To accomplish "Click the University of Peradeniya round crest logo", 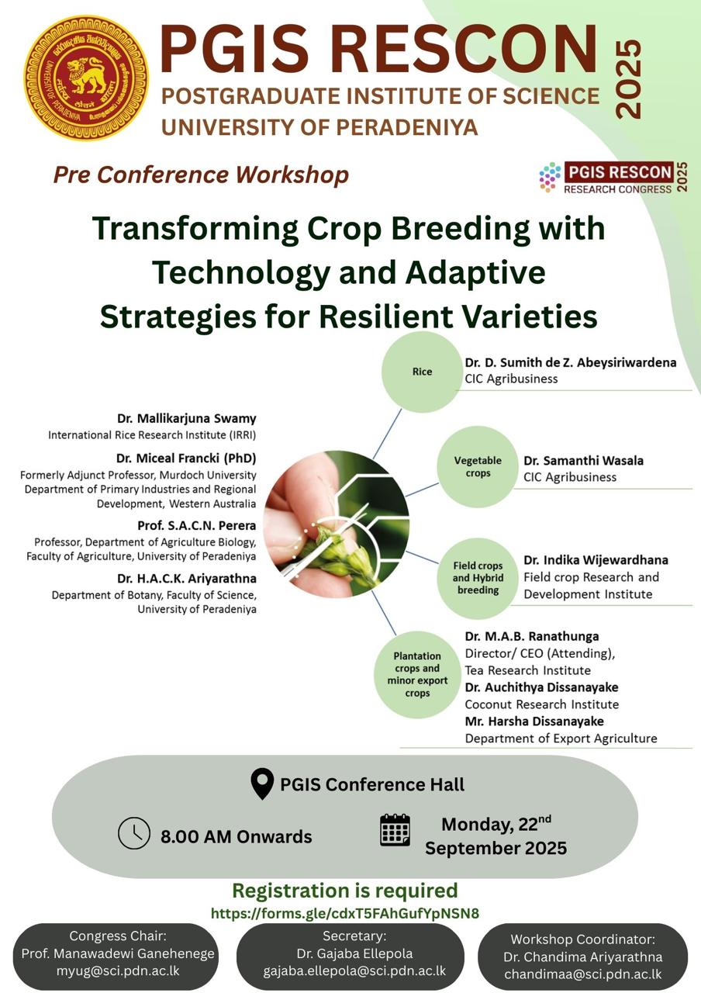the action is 86,78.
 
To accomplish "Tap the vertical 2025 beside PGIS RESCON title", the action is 628,79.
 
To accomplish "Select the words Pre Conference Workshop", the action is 201,175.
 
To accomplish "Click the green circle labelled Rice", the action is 423,372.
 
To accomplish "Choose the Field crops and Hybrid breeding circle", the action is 478,578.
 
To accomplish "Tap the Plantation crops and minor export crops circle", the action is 417,674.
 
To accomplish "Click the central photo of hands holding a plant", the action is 337,524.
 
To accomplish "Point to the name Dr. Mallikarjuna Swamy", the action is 187,418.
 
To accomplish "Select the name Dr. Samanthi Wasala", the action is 583,461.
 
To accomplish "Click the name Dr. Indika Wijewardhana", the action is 596,560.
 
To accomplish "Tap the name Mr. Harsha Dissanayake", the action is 534,721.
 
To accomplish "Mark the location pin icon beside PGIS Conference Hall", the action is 262,784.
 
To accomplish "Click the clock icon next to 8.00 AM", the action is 134,833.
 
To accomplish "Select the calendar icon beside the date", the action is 395,830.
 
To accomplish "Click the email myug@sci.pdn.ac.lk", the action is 118,971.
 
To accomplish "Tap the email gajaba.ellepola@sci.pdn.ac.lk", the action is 354,971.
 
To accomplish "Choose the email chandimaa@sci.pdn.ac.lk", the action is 582,974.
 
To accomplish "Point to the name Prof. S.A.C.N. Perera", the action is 197,525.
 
